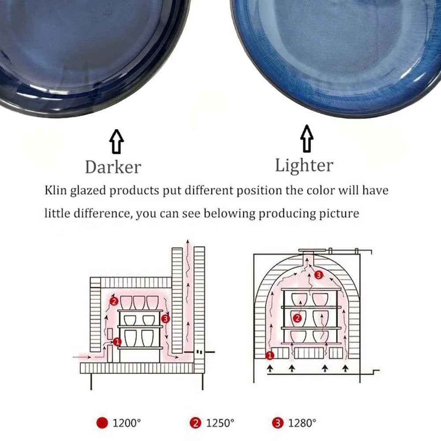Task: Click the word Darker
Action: point(113,167)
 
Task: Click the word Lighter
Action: point(304,165)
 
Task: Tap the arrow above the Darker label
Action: point(117,142)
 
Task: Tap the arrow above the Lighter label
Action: point(307,138)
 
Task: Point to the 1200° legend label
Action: point(127,423)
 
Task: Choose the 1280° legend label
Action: point(302,423)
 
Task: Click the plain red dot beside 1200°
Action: point(102,423)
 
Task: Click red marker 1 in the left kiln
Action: point(117,341)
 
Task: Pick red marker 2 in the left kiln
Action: point(114,302)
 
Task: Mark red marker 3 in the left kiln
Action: point(166,318)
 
